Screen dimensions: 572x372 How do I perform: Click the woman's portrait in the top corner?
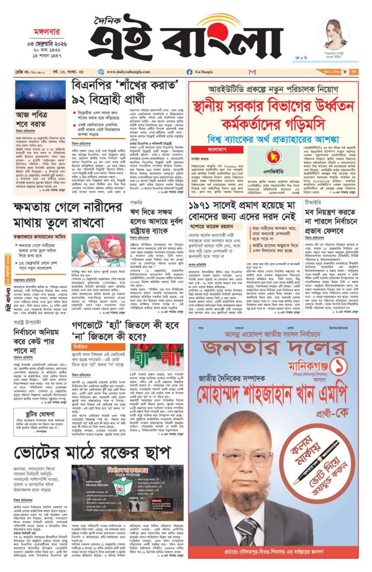tap(334, 32)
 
